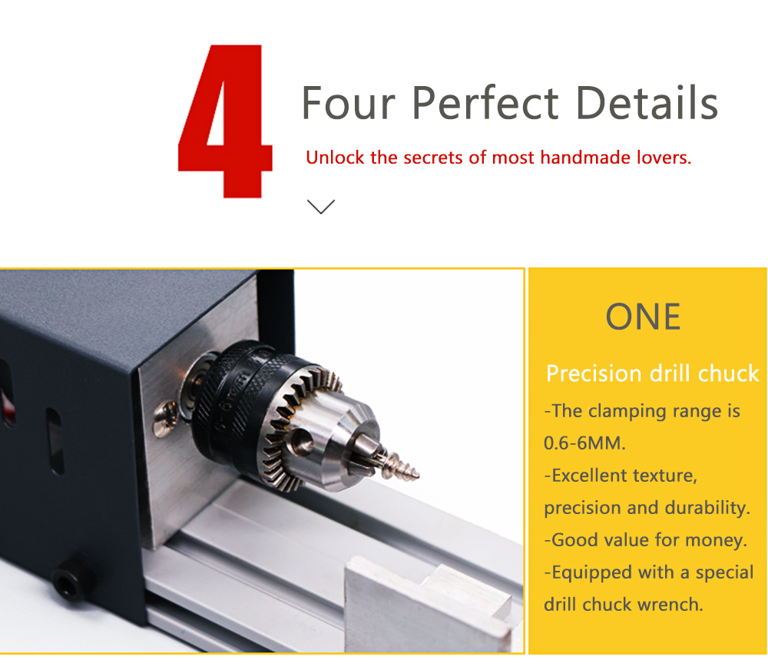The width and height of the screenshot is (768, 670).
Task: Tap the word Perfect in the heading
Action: (x=485, y=104)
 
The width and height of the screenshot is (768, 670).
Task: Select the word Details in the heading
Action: (x=647, y=102)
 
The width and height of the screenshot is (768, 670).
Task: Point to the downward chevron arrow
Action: (x=321, y=207)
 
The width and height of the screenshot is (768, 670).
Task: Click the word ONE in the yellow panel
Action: (x=643, y=317)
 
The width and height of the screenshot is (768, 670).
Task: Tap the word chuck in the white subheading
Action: (x=728, y=373)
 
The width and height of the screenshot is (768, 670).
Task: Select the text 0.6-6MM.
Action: (x=584, y=443)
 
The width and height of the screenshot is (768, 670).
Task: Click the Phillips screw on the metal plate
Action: (x=166, y=418)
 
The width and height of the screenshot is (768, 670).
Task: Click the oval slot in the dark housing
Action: (x=55, y=441)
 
